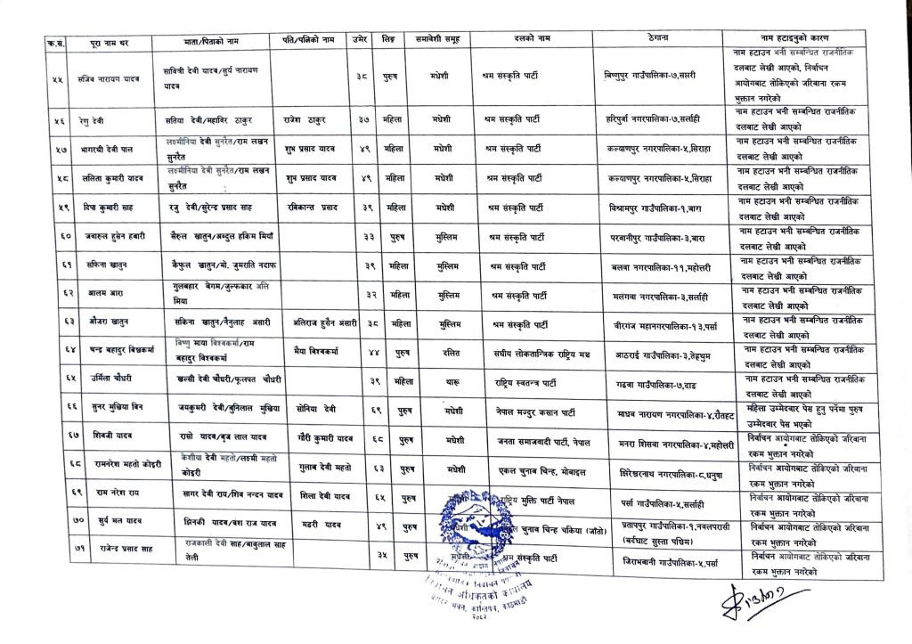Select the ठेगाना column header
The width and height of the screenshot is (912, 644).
[x=653, y=39]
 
